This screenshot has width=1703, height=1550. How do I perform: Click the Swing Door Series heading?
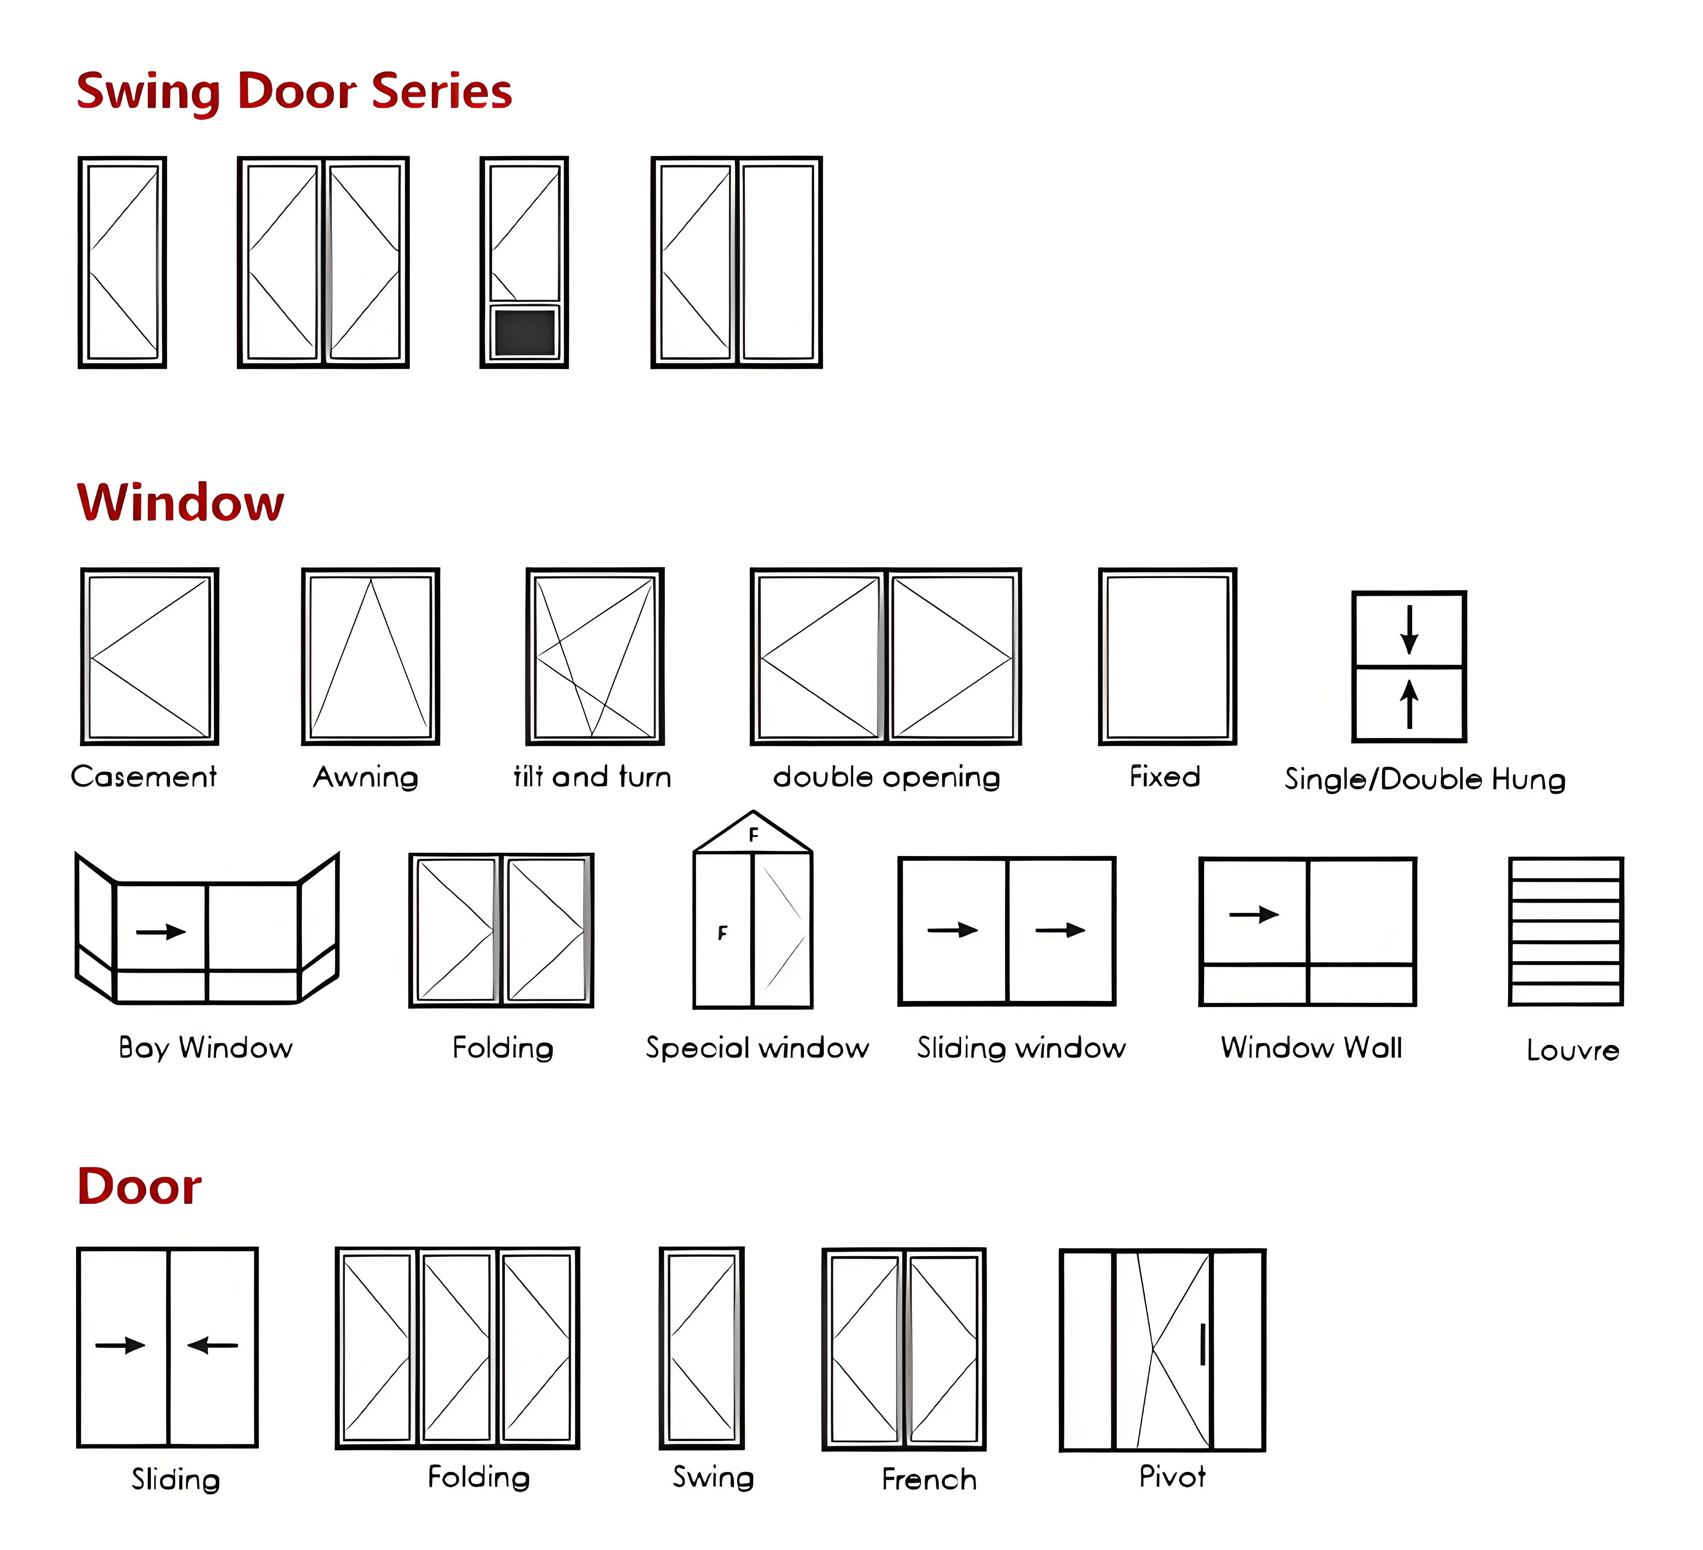(x=294, y=91)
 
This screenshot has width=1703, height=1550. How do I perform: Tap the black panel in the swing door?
(x=525, y=333)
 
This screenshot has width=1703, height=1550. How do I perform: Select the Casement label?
(x=144, y=776)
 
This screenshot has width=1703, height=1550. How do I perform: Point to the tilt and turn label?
(x=592, y=776)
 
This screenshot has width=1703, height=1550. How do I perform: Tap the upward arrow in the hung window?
(x=1409, y=704)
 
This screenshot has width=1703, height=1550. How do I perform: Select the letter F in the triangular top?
(x=753, y=835)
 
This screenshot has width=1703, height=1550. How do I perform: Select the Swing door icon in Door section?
(x=701, y=1347)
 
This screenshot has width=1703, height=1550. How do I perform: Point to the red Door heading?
(x=139, y=1187)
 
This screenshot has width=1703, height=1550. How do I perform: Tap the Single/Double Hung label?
(x=1424, y=779)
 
